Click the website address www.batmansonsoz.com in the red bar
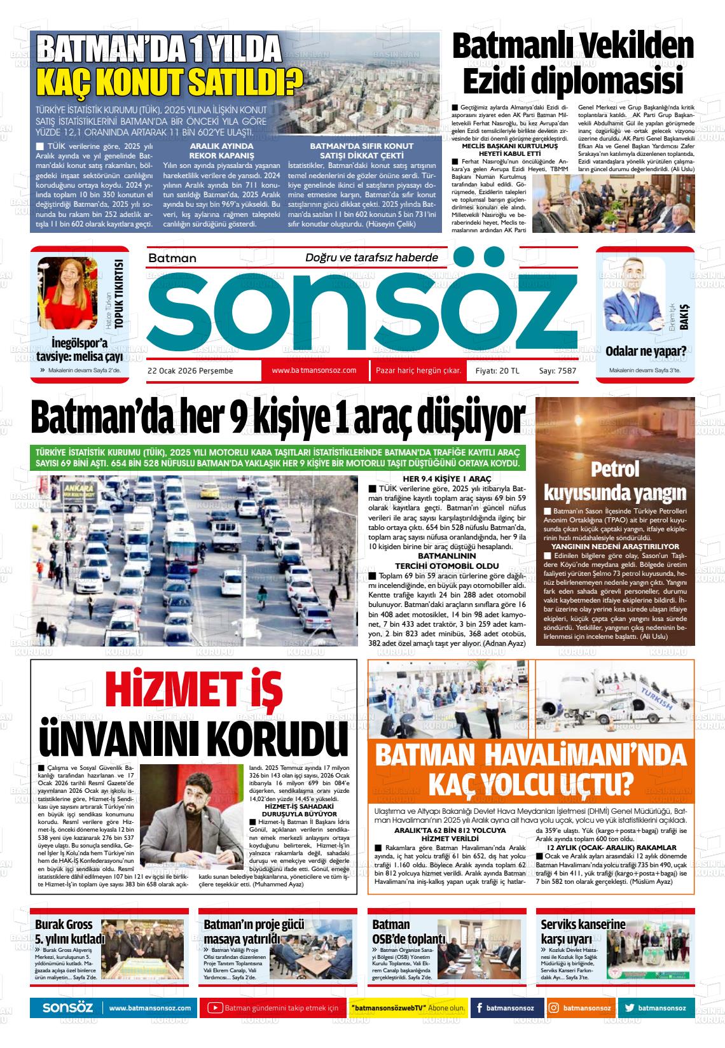coord(314,370)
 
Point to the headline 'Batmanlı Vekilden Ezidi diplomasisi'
coord(572,64)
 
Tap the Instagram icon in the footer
coord(554,1008)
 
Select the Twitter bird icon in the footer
coord(629,1008)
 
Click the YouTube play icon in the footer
coord(215,1008)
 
